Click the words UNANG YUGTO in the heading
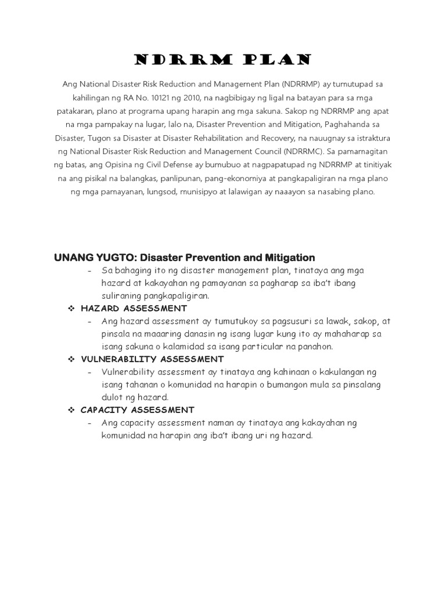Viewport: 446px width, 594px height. click(95, 257)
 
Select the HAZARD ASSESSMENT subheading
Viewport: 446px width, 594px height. click(134, 308)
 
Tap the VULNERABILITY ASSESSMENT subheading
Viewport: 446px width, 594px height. click(152, 359)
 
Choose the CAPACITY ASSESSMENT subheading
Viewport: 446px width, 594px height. click(137, 410)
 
